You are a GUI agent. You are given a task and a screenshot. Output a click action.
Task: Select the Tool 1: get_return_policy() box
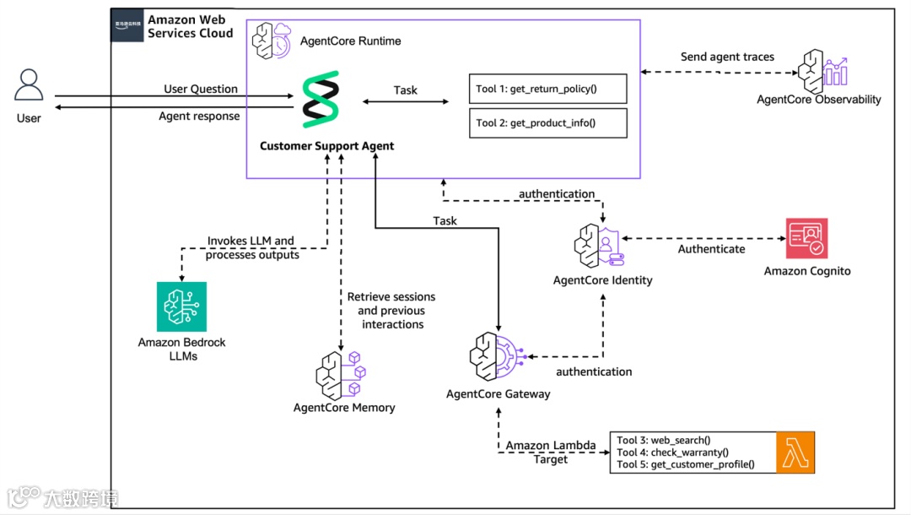pyautogui.click(x=548, y=89)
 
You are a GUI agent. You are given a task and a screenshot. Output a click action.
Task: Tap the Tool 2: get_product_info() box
pyautogui.click(x=548, y=122)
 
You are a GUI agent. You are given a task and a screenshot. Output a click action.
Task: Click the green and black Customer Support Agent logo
pyautogui.click(x=321, y=100)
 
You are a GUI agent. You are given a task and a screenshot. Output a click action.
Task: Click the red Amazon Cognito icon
pyautogui.click(x=806, y=239)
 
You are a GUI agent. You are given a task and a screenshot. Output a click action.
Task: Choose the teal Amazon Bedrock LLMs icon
pyautogui.click(x=181, y=306)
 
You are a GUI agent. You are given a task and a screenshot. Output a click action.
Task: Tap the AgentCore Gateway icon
pyautogui.click(x=497, y=359)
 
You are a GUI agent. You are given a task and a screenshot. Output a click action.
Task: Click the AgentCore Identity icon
pyautogui.click(x=600, y=247)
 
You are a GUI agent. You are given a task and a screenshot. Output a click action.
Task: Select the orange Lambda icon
pyautogui.click(x=795, y=453)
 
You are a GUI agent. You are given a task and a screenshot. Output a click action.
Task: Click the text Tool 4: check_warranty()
pyautogui.click(x=672, y=453)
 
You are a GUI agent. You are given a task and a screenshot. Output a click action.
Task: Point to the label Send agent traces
pyautogui.click(x=727, y=57)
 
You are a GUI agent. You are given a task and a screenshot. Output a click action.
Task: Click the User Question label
pyautogui.click(x=201, y=89)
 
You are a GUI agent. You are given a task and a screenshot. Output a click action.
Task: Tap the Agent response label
pyautogui.click(x=199, y=117)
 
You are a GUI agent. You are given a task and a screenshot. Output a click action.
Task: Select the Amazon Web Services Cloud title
pyautogui.click(x=190, y=26)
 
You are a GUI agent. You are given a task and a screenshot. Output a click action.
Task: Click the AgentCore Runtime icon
pyautogui.click(x=272, y=41)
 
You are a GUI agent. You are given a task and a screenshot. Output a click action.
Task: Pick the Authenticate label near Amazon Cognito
pyautogui.click(x=711, y=249)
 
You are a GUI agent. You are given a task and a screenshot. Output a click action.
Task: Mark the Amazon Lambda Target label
pyautogui.click(x=550, y=452)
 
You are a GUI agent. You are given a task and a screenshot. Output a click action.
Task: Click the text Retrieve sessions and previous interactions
pyautogui.click(x=391, y=310)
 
